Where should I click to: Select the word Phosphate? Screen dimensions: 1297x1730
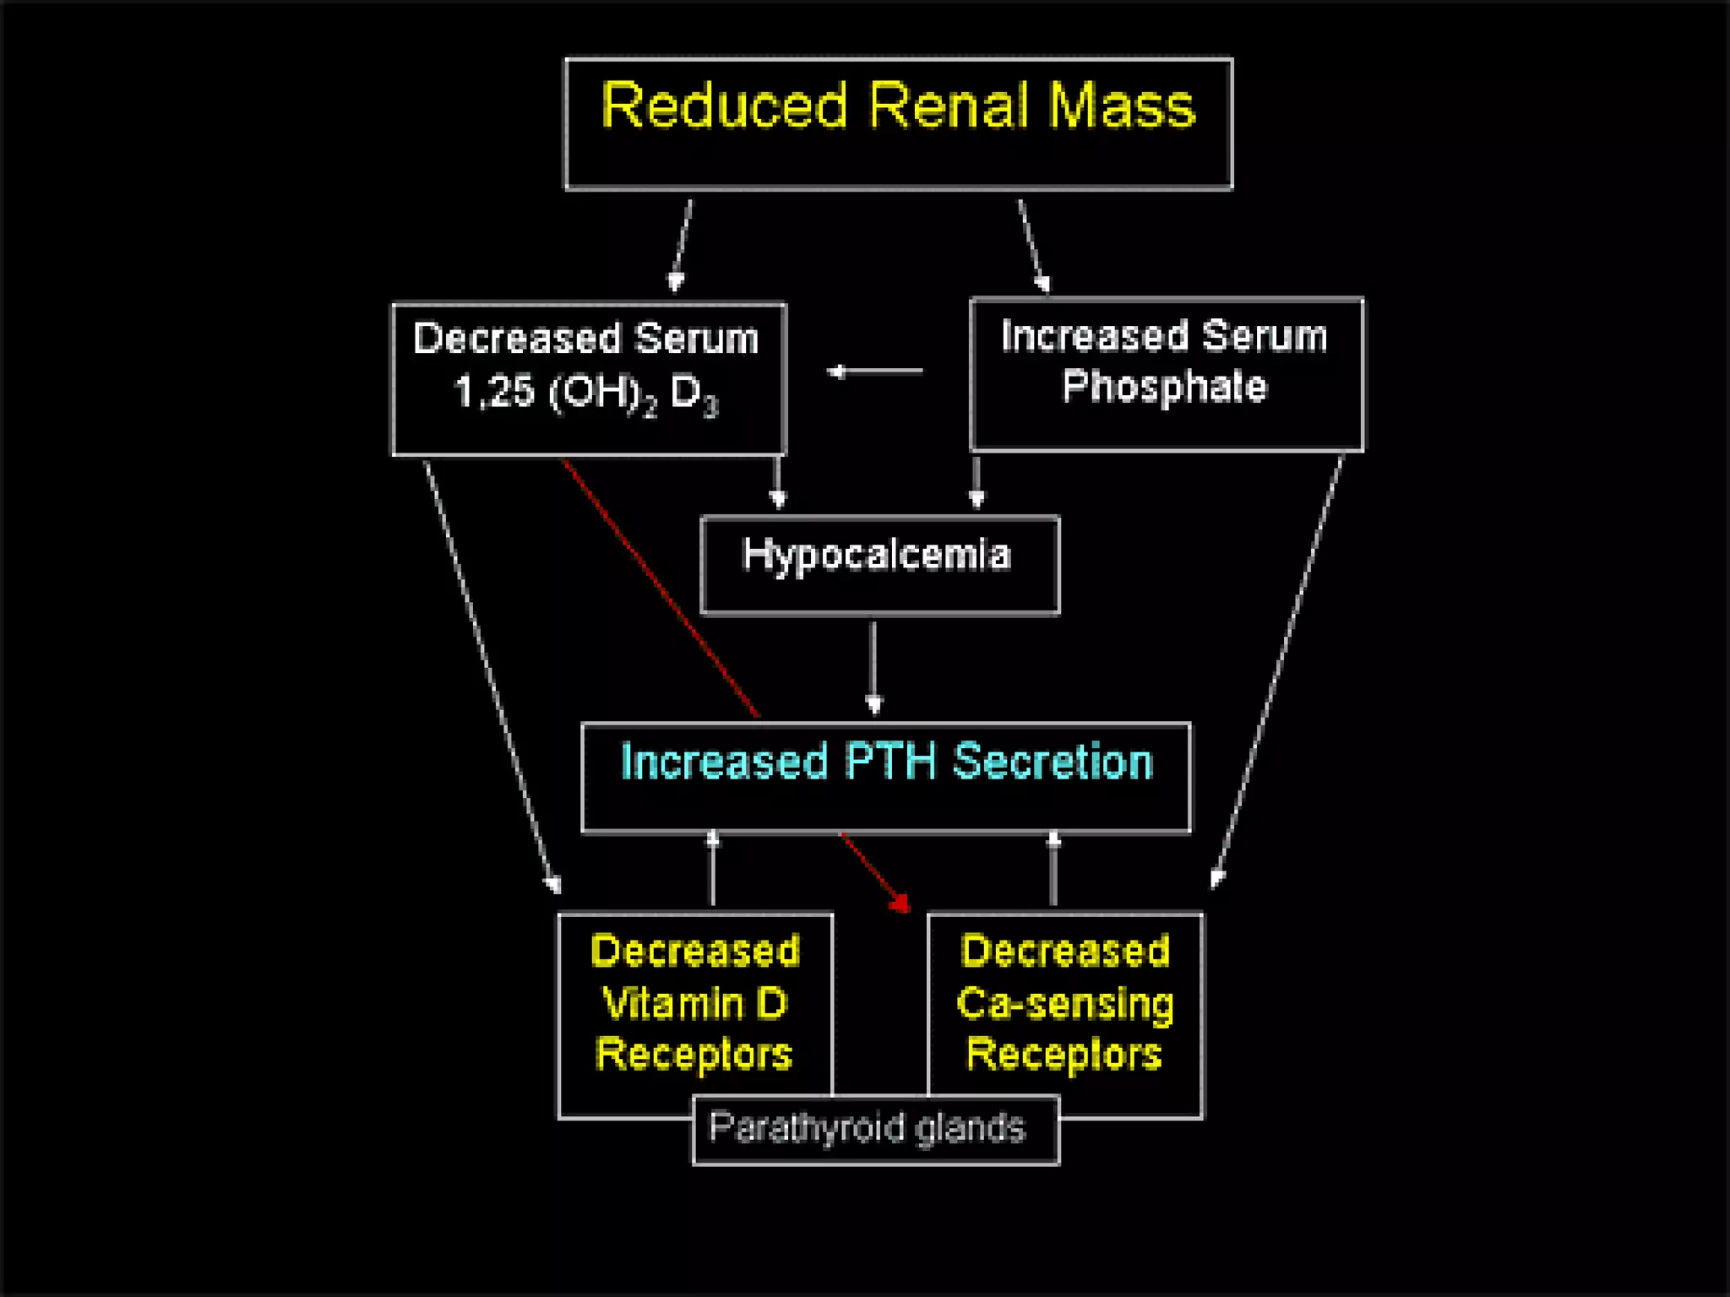(1165, 387)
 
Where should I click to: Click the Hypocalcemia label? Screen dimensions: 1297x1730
(876, 556)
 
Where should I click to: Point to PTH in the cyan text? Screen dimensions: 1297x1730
(890, 762)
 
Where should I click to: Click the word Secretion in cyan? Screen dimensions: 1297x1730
(1053, 762)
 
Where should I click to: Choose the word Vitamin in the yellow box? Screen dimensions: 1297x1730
(672, 1004)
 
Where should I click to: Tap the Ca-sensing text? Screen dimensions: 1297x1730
(1065, 1004)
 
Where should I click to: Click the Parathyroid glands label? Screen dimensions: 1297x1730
(868, 1128)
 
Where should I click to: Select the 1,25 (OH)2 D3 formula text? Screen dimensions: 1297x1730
(586, 393)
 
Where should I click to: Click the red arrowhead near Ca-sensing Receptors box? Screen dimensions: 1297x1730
(900, 904)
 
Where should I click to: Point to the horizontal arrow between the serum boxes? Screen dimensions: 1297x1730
(874, 371)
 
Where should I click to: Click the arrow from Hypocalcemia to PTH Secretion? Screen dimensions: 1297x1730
(873, 667)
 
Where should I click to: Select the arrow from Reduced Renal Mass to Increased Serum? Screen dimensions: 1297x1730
(1034, 245)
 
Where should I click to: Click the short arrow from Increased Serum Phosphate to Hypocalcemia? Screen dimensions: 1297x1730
(977, 481)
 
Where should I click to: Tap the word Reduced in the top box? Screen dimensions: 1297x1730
(724, 106)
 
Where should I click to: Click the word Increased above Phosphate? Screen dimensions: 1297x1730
(1095, 336)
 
